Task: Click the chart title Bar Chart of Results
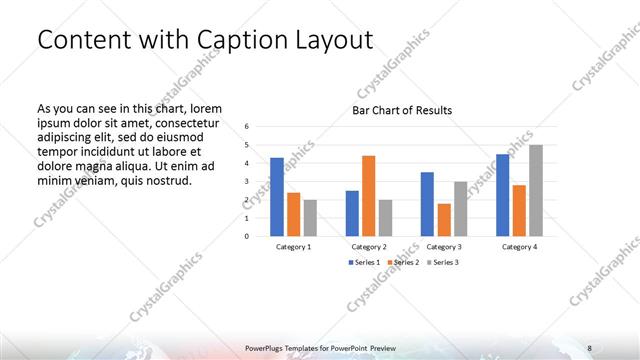click(x=402, y=110)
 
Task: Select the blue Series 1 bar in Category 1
click(x=277, y=196)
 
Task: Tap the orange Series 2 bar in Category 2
click(x=369, y=195)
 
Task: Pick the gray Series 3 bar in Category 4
click(x=536, y=190)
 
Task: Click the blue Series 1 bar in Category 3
click(x=427, y=204)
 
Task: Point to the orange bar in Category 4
click(x=519, y=210)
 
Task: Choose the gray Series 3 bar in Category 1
click(x=310, y=217)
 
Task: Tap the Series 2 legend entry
click(x=403, y=262)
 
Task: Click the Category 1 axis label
click(x=293, y=246)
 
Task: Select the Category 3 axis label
click(x=443, y=246)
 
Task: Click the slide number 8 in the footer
click(x=589, y=347)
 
